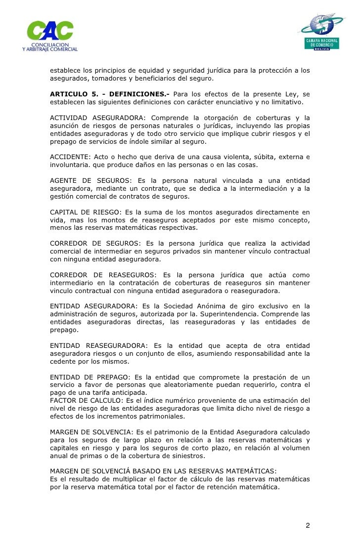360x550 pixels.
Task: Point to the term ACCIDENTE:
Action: pos(71,157)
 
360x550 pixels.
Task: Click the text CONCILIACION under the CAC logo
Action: pos(50,44)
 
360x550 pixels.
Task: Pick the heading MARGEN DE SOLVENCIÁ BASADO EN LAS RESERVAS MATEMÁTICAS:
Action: pos(164,470)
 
